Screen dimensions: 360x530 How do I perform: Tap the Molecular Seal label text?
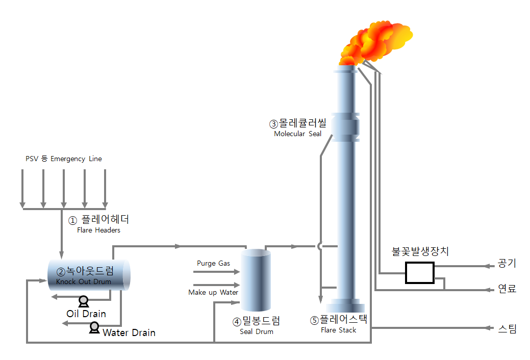[297, 134]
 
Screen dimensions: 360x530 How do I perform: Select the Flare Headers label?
[98, 230]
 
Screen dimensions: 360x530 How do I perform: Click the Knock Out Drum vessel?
[89, 275]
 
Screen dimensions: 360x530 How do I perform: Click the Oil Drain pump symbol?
[83, 301]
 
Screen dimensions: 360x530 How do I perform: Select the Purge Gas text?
[213, 263]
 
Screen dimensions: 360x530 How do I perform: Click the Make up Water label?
[213, 292]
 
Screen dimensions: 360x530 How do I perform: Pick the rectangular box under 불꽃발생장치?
[419, 272]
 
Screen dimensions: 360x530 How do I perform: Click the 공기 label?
[507, 264]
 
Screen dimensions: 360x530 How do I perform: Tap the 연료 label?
[507, 289]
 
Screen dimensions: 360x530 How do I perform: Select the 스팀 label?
[507, 329]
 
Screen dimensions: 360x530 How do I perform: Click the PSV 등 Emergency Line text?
[64, 159]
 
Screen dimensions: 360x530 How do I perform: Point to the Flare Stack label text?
[338, 330]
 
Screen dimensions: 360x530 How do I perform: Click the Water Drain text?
[129, 333]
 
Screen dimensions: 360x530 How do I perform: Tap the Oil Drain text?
[86, 313]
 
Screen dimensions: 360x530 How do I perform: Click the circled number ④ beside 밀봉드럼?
[237, 322]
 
